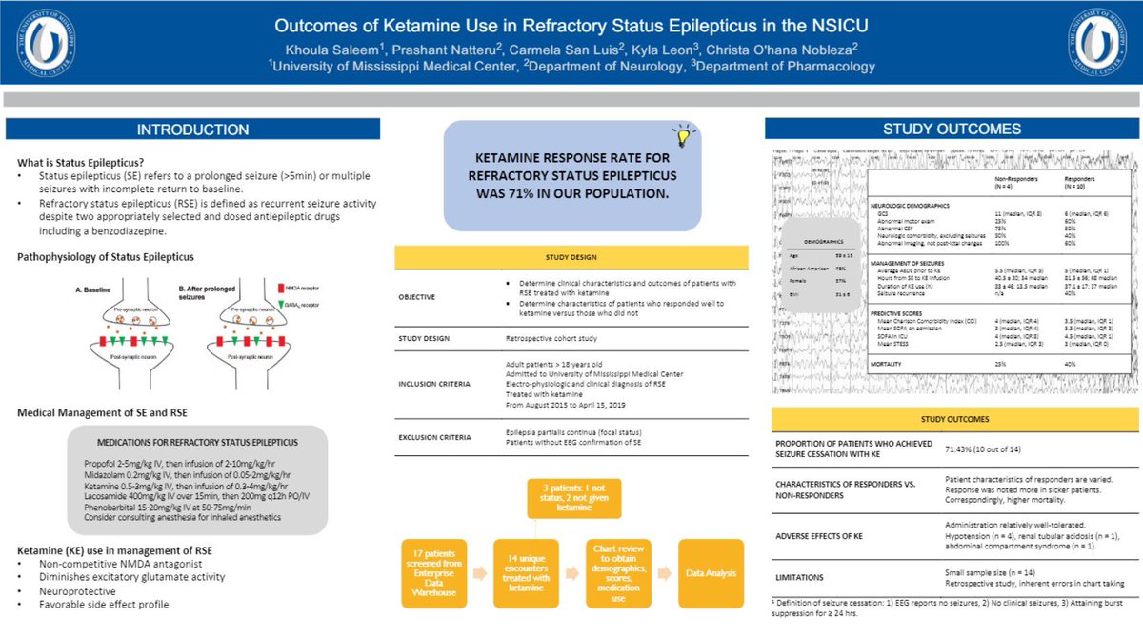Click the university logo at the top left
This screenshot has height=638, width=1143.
point(44,42)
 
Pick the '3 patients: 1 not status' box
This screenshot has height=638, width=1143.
point(568,497)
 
